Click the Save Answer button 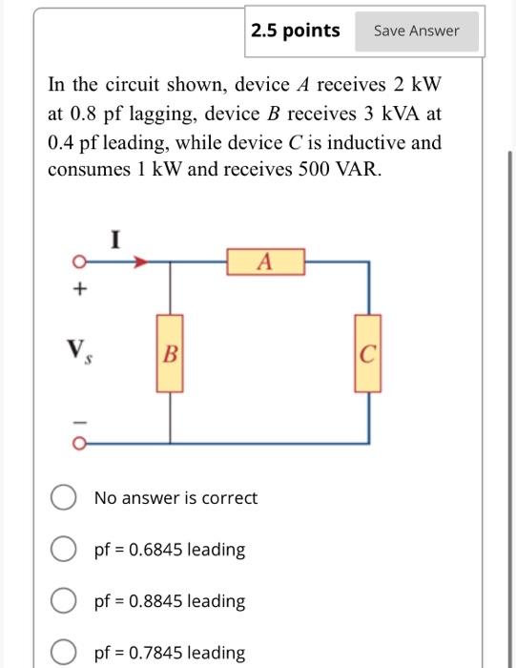[416, 31]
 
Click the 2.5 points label [296, 31]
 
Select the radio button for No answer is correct [64, 498]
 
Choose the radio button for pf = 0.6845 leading [64, 550]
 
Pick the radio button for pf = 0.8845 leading [64, 601]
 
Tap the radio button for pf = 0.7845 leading [64, 653]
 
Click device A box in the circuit [265, 261]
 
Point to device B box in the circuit [171, 353]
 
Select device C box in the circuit [368, 353]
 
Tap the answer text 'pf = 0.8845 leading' [169, 601]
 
